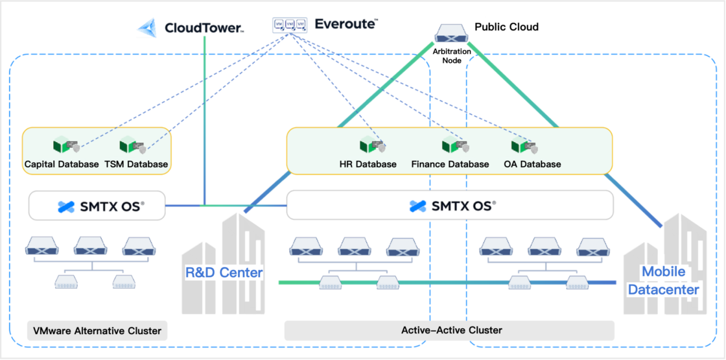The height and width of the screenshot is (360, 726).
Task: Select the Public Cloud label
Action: pos(506,27)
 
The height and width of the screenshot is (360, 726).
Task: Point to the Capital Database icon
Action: pos(65,147)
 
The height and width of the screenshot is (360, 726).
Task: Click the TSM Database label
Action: pos(136,164)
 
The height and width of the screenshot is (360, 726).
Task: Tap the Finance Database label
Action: pos(450,164)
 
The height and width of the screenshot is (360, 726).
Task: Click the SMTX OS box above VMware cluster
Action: pos(97,206)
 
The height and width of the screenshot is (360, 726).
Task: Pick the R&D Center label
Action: pos(224,272)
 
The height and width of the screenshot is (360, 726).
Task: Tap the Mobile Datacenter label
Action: pos(662,281)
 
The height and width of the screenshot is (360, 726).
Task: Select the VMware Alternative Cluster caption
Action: pos(97,331)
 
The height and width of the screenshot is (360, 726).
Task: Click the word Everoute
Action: pos(345,24)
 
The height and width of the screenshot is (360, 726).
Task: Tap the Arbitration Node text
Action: pos(452,55)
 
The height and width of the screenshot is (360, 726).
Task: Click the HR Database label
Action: pos(368,164)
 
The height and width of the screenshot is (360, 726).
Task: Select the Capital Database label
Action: pos(62,164)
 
